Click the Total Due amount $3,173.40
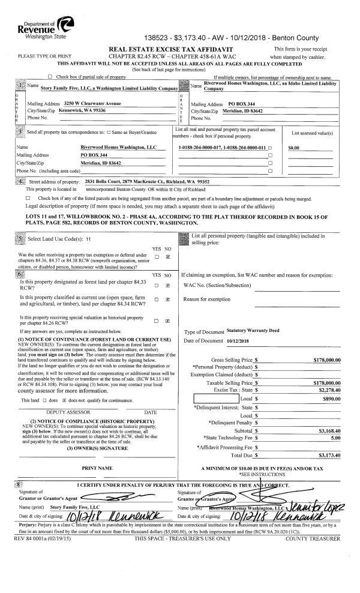[x=327, y=456]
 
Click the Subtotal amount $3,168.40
[x=327, y=430]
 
